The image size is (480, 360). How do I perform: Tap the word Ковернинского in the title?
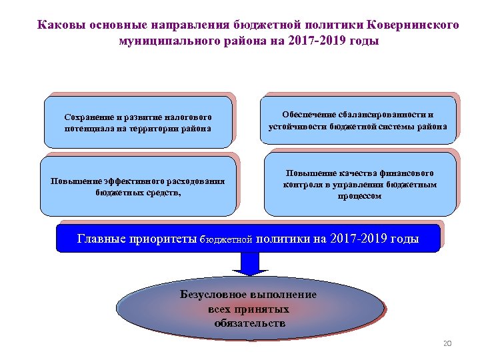pos(413,25)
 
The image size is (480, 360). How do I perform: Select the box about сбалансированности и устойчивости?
pos(358,120)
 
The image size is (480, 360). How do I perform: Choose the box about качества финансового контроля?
pos(360,183)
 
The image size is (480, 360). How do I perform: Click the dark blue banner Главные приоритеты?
pos(248,238)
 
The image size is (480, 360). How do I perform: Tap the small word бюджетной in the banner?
pos(227,239)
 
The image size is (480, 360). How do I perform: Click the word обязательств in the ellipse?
pos(249,323)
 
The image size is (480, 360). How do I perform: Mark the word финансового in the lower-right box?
pos(406,172)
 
